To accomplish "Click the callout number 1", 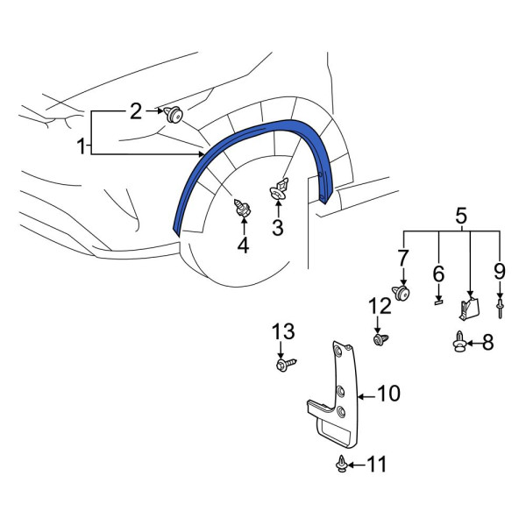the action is (81, 146).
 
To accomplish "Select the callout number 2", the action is (136, 111).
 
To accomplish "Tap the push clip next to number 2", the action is (174, 114).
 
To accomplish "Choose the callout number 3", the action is (278, 227).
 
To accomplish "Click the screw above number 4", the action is (243, 208).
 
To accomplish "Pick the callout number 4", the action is (243, 245).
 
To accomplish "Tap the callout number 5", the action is (461, 215).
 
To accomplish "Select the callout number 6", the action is (438, 274).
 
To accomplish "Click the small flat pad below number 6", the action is (438, 302).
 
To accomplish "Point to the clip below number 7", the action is (402, 294).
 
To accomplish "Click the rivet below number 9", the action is (500, 309).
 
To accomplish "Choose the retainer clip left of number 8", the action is (459, 342).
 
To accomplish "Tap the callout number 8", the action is (487, 343).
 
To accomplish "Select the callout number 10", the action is (388, 393).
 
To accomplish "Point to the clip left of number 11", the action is (342, 463).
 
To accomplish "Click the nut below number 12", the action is (380, 339).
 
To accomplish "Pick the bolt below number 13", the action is (286, 364).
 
